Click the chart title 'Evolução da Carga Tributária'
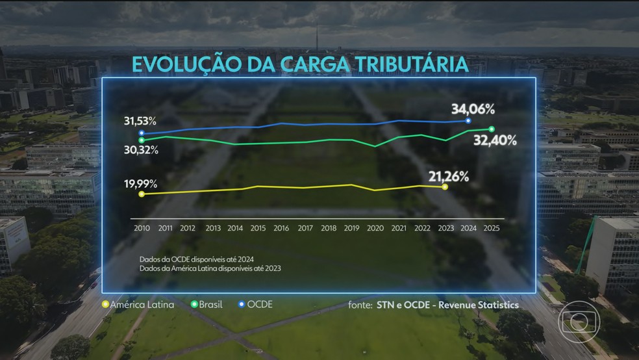300,65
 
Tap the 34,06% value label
474,109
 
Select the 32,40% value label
495,141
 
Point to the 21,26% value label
449,175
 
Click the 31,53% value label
140,122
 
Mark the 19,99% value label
142,184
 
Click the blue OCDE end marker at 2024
468,121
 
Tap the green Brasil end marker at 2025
491,129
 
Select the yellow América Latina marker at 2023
445,186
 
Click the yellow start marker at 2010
142,194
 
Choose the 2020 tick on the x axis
376,228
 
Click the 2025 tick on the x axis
492,228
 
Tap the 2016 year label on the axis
281,228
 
